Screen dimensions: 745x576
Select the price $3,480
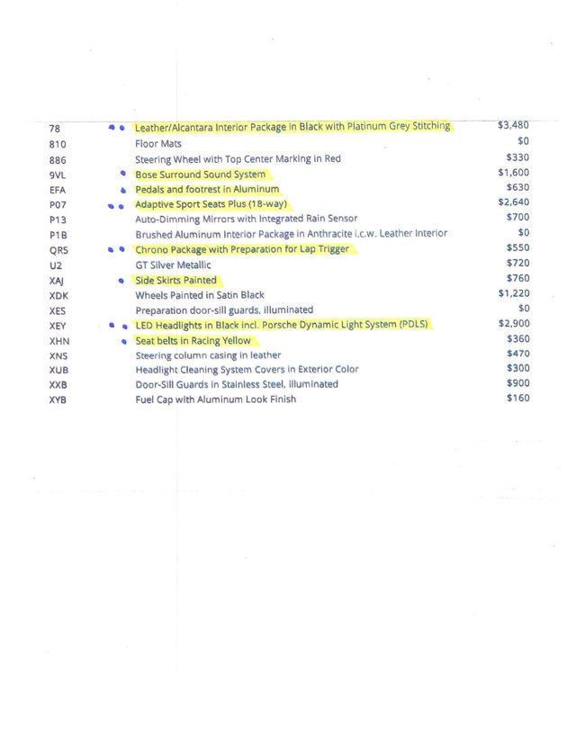click(513, 126)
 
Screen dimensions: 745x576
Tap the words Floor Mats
click(158, 144)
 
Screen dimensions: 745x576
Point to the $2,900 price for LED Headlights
click(513, 323)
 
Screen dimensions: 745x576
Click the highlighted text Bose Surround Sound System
click(201, 175)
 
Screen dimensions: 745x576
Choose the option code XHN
click(59, 341)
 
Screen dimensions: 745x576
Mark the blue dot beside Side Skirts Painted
click(121, 281)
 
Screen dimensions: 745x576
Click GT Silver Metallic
click(174, 265)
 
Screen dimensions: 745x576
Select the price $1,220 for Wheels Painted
click(513, 293)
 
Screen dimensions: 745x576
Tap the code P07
click(58, 205)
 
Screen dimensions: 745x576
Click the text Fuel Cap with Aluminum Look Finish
click(215, 399)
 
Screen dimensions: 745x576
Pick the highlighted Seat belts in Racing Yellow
click(193, 341)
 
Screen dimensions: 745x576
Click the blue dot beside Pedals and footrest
click(121, 191)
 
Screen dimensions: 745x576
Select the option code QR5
click(58, 250)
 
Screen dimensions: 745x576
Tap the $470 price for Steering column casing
click(518, 354)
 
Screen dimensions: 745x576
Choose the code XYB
click(58, 399)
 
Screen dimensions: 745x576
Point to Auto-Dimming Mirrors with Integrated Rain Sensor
click(246, 219)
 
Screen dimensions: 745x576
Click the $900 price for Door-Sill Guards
click(518, 383)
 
